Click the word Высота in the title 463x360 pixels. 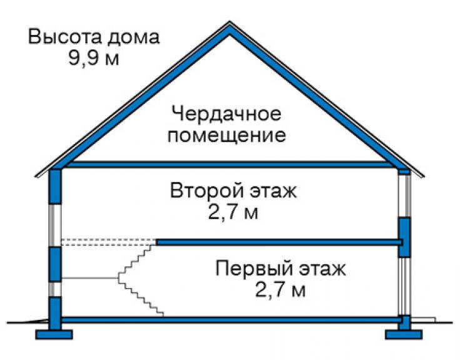click(x=65, y=37)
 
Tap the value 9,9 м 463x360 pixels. click(x=94, y=58)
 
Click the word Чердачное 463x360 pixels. click(x=226, y=114)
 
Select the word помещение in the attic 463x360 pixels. click(x=226, y=135)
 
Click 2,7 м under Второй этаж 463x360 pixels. click(x=233, y=212)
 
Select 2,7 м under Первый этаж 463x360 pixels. click(x=280, y=290)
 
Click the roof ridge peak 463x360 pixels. click(x=230, y=22)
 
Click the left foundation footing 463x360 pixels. click(x=54, y=334)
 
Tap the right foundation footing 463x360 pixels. click(x=404, y=334)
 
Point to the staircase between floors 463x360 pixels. click(x=140, y=281)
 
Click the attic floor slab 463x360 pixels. click(x=230, y=165)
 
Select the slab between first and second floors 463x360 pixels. click(x=279, y=242)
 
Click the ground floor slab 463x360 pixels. click(x=230, y=320)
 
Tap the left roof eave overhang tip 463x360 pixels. click(x=36, y=177)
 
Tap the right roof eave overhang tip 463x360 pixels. click(x=424, y=177)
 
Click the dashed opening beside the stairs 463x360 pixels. click(x=109, y=242)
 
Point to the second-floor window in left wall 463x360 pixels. click(x=55, y=225)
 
